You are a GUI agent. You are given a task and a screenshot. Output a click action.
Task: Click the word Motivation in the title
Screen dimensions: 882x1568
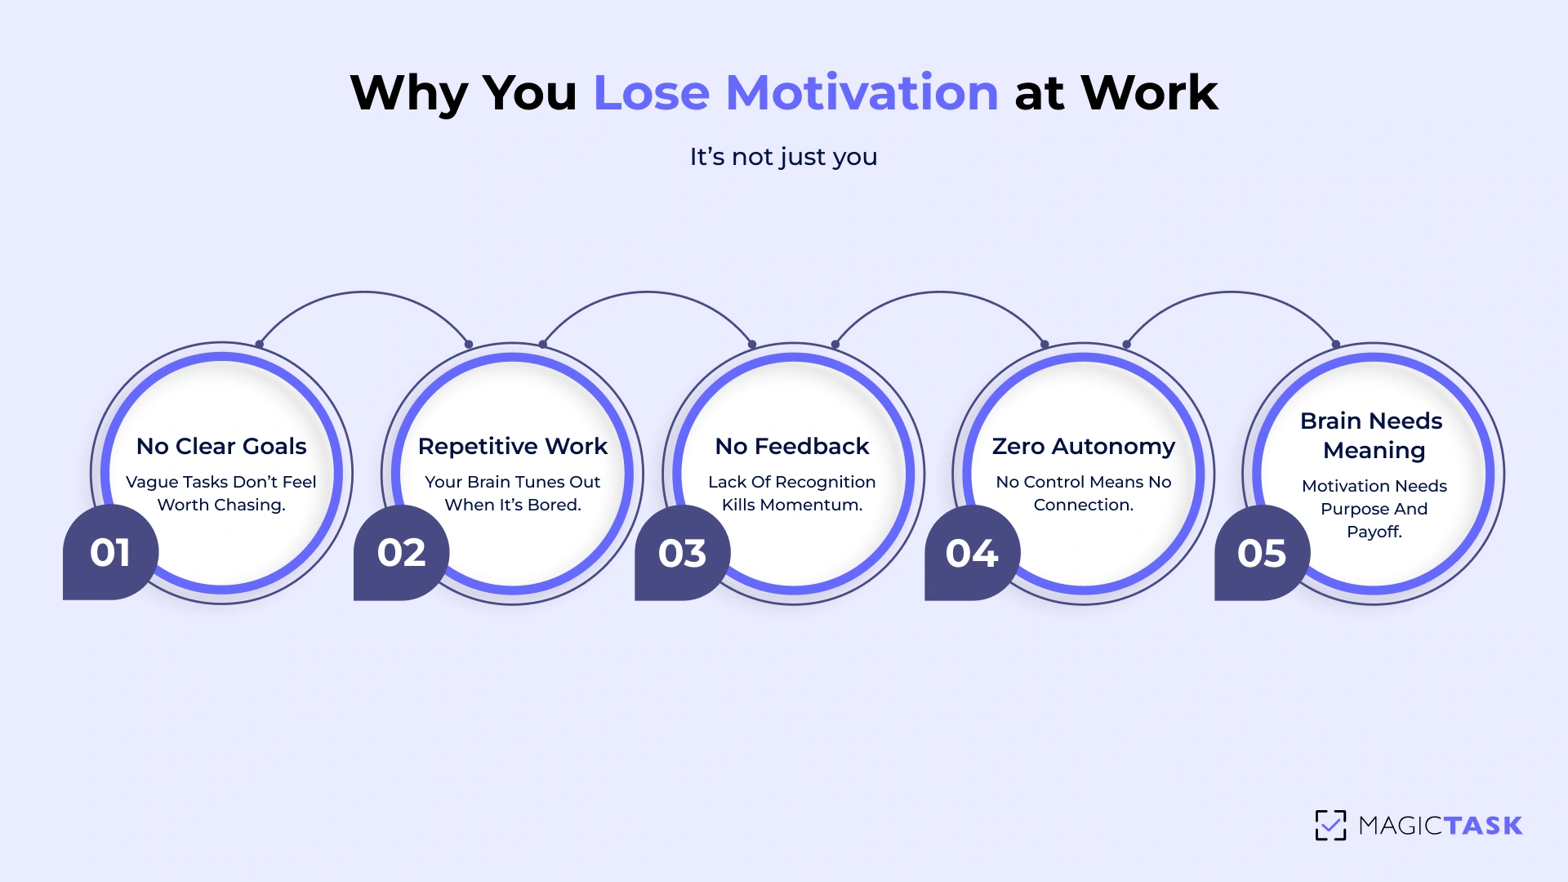click(x=862, y=92)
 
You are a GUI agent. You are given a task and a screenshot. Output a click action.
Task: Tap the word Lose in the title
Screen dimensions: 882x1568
click(x=651, y=92)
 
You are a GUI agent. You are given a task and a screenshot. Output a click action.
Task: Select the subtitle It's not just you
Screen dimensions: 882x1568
click(x=783, y=156)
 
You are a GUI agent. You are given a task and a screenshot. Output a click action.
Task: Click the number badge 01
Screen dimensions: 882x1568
click(x=110, y=553)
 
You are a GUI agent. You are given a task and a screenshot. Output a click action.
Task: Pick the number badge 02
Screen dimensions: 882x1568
click(x=401, y=553)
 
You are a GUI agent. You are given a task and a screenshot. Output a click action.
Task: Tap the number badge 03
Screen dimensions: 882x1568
click(x=682, y=553)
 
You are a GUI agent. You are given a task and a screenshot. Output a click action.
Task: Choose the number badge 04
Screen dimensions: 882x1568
click(x=972, y=553)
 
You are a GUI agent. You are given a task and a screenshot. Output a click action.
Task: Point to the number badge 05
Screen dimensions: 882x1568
click(x=1262, y=553)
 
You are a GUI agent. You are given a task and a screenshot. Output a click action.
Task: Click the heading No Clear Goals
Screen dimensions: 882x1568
click(x=221, y=446)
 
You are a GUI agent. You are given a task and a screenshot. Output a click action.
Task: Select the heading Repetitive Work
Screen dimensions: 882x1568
click(x=513, y=446)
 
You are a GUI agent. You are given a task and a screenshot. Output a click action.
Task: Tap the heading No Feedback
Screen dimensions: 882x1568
click(x=792, y=446)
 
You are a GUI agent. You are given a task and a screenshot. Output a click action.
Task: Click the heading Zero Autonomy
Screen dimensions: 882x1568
click(x=1084, y=446)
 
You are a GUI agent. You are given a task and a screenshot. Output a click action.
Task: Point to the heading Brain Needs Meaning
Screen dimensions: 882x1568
click(x=1373, y=435)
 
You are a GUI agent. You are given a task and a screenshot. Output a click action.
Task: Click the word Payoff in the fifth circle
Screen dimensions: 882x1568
click(x=1374, y=532)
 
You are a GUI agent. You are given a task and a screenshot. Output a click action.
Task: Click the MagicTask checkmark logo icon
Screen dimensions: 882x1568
click(x=1330, y=825)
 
